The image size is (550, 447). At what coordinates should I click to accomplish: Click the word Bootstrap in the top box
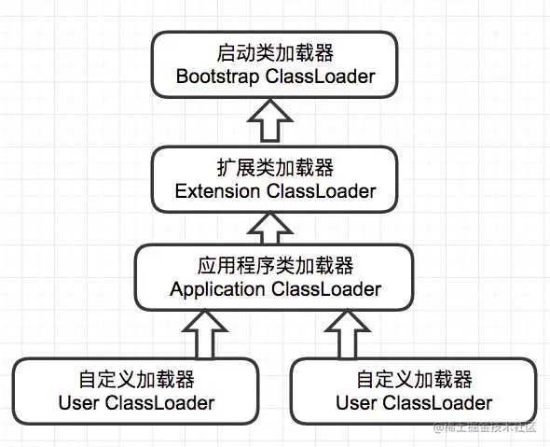click(x=216, y=77)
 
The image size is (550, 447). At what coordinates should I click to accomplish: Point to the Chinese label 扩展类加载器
click(x=276, y=169)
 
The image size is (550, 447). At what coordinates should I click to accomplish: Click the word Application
click(x=217, y=288)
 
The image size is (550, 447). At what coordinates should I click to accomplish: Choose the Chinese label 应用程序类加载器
click(x=276, y=267)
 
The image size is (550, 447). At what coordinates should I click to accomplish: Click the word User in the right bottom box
click(x=356, y=403)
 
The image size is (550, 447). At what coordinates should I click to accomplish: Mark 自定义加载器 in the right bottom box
click(x=414, y=381)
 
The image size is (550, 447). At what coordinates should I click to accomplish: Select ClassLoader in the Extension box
click(x=322, y=191)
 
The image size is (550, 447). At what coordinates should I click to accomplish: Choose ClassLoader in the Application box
click(x=326, y=288)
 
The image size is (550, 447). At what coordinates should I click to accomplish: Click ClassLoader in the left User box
click(x=159, y=403)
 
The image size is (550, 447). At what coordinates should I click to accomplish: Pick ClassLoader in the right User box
click(x=437, y=403)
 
